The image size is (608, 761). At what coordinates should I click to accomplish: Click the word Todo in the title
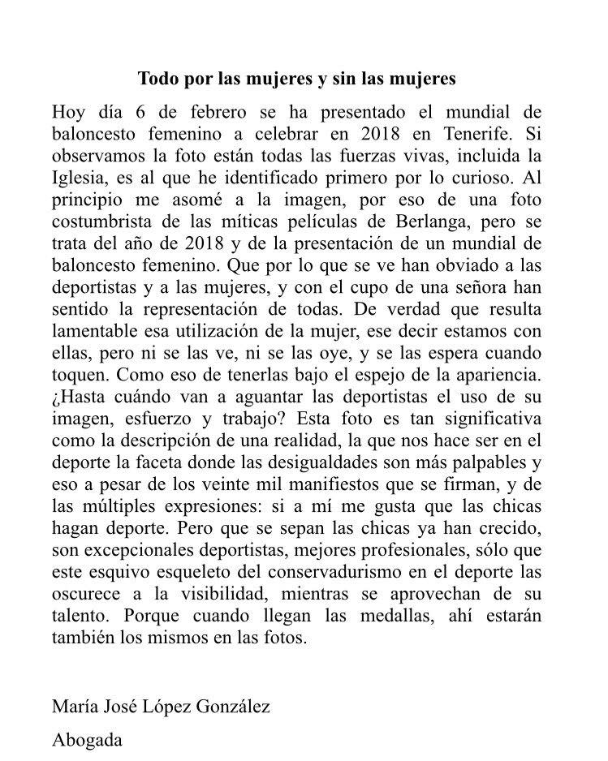[x=156, y=80]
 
